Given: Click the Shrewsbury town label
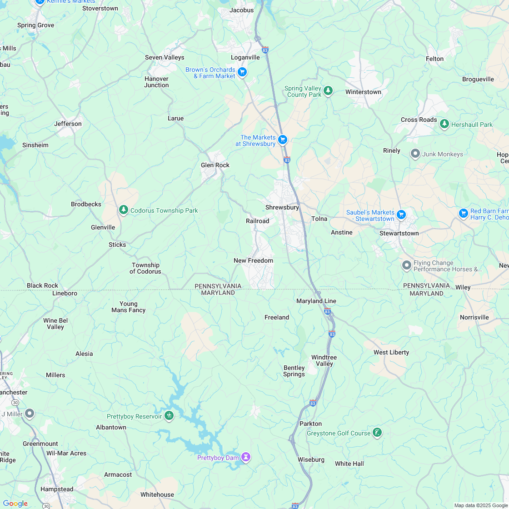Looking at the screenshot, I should [x=282, y=208].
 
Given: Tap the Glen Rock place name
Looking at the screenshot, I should [x=215, y=165].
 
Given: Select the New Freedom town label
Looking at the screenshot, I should [x=253, y=261].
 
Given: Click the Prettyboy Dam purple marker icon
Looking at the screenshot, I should [x=246, y=456].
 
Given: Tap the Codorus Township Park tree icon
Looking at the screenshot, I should [x=123, y=210].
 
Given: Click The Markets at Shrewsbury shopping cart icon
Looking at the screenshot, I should [x=283, y=140].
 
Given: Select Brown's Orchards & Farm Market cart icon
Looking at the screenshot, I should [x=242, y=72].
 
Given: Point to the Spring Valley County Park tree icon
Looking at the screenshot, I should [x=328, y=91].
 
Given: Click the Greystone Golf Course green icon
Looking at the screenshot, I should [x=377, y=433].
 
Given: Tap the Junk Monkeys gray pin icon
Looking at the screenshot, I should [x=415, y=154].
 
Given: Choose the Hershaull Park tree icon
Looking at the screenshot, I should [x=444, y=124].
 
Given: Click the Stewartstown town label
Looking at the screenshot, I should [x=399, y=234].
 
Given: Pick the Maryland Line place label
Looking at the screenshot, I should [x=316, y=301].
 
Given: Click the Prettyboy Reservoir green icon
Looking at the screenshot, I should [x=169, y=415].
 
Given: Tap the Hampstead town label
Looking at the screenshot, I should [x=57, y=489].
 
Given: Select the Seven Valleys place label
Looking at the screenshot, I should [x=165, y=58].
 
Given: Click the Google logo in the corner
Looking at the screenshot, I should [x=15, y=504].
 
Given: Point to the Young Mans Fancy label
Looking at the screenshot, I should [x=128, y=307].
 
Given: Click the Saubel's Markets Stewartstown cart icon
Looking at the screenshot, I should [x=401, y=215].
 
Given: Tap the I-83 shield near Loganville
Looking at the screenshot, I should [x=265, y=50].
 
